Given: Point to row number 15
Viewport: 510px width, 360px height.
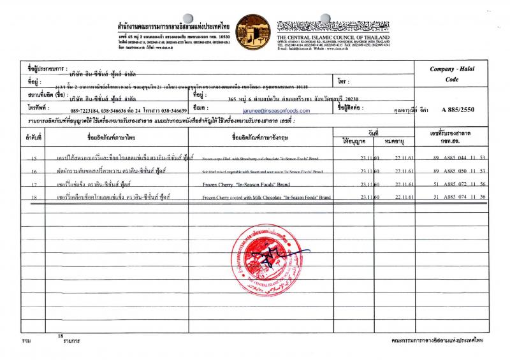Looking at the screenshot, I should click(33, 157).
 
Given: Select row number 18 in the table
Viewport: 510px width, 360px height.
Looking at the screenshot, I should click(33, 198).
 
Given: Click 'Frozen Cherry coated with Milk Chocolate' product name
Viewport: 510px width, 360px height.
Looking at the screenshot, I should click(266, 198).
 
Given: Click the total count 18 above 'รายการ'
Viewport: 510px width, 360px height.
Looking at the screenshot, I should click(61, 335).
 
